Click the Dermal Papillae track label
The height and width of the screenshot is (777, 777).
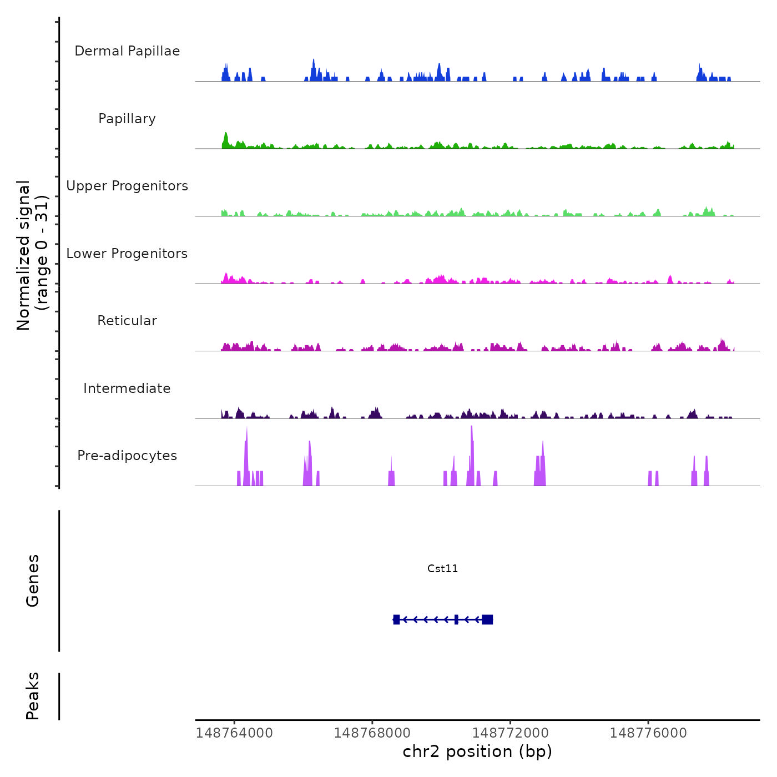pyautogui.click(x=127, y=51)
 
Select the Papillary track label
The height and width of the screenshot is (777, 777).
pyautogui.click(x=127, y=119)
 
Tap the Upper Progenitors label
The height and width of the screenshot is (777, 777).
pyautogui.click(x=127, y=186)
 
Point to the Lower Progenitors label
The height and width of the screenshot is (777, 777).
pyautogui.click(x=127, y=254)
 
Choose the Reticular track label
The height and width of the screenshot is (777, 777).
pyautogui.click(x=127, y=321)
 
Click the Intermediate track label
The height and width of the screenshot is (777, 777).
pyautogui.click(x=127, y=389)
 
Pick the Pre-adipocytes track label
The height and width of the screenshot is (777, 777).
pyautogui.click(x=127, y=456)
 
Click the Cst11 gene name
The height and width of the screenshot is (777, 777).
pyautogui.click(x=442, y=568)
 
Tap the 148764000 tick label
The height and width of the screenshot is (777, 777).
pyautogui.click(x=234, y=733)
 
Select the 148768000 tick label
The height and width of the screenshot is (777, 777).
pyautogui.click(x=372, y=733)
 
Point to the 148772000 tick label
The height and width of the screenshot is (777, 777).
pyautogui.click(x=510, y=733)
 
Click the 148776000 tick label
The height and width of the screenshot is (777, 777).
pyautogui.click(x=648, y=733)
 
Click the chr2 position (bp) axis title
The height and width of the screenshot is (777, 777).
pyautogui.click(x=477, y=751)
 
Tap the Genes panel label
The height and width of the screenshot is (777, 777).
pyautogui.click(x=33, y=581)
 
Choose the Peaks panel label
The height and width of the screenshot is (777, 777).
pyautogui.click(x=33, y=696)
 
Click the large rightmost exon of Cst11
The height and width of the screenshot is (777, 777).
pyautogui.click(x=487, y=619)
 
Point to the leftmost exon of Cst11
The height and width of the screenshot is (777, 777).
pyautogui.click(x=396, y=619)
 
